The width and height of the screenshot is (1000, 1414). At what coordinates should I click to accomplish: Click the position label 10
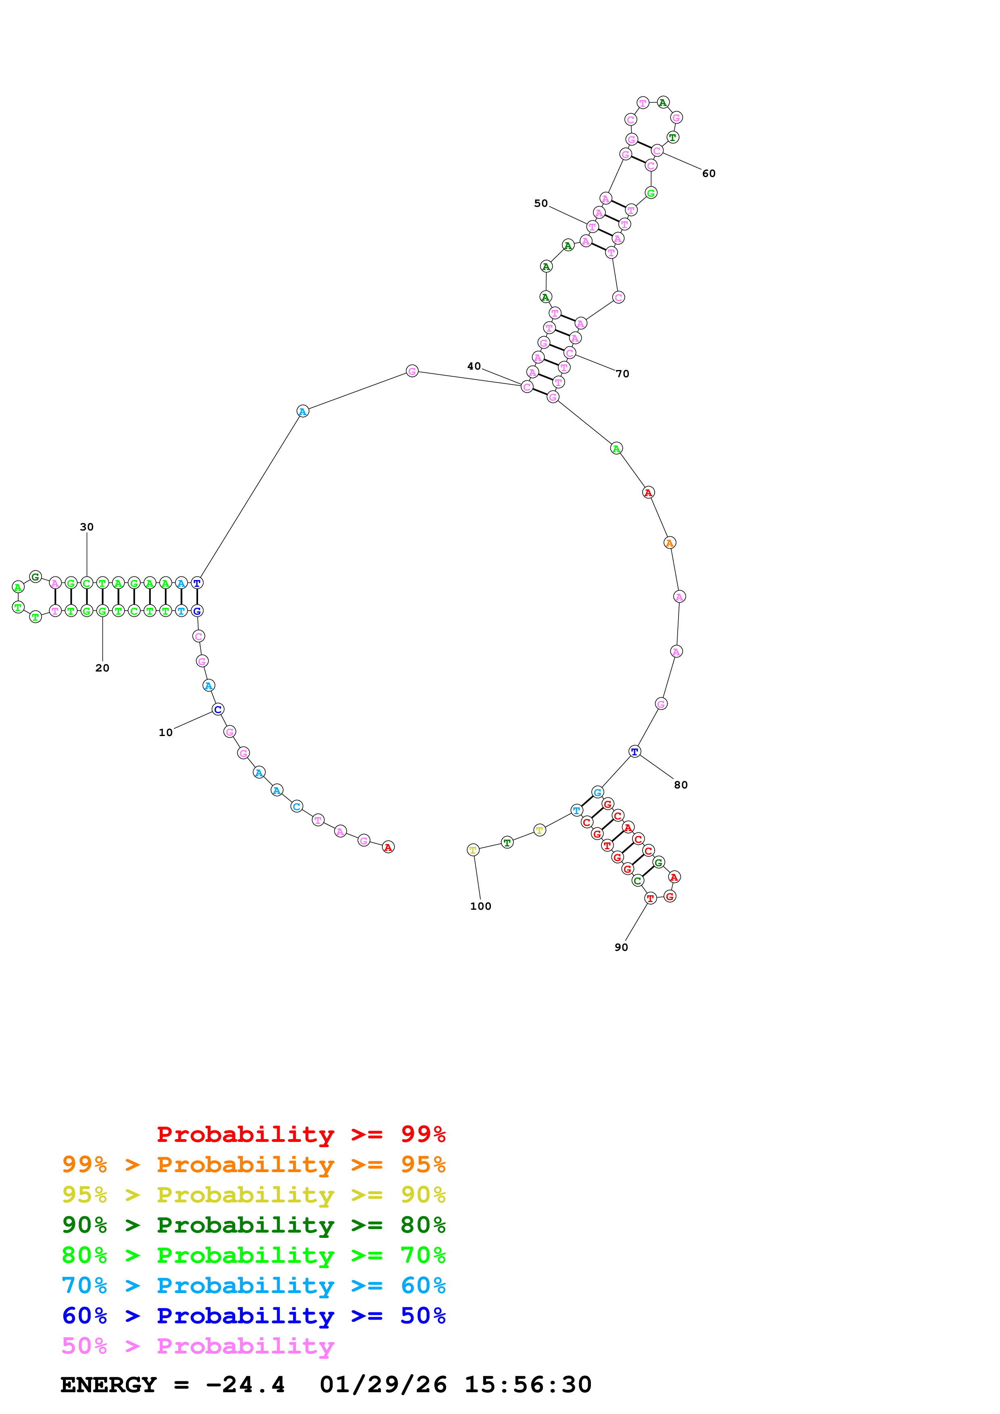pyautogui.click(x=165, y=732)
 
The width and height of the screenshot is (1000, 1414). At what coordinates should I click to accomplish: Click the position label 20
pyautogui.click(x=102, y=667)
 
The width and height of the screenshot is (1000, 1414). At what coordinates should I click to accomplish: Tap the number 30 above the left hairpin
pyautogui.click(x=86, y=526)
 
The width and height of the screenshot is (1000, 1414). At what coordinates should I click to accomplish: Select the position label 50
pyautogui.click(x=541, y=203)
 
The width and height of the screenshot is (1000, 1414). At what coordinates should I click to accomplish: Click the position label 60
pyautogui.click(x=709, y=174)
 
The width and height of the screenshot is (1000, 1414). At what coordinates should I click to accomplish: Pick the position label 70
pyautogui.click(x=622, y=374)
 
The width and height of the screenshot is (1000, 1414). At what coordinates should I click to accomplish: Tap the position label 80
pyautogui.click(x=680, y=785)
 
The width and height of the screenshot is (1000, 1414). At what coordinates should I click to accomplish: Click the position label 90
pyautogui.click(x=621, y=947)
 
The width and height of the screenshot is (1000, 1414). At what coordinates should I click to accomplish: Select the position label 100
pyautogui.click(x=480, y=906)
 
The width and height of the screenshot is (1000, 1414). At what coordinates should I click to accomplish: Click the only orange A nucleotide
pyautogui.click(x=670, y=543)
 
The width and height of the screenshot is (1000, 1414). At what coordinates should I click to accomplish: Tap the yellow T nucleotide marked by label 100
pyautogui.click(x=473, y=850)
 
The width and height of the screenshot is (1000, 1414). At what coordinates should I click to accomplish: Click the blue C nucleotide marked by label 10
pyautogui.click(x=217, y=709)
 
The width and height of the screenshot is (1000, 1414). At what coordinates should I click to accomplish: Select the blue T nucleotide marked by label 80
pyautogui.click(x=635, y=751)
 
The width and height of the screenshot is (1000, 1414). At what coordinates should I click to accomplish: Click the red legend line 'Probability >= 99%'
pyautogui.click(x=301, y=1134)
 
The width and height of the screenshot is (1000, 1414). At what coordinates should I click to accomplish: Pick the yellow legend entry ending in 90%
pyautogui.click(x=253, y=1194)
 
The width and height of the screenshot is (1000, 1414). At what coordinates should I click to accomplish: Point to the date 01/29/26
pyautogui.click(x=383, y=1385)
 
